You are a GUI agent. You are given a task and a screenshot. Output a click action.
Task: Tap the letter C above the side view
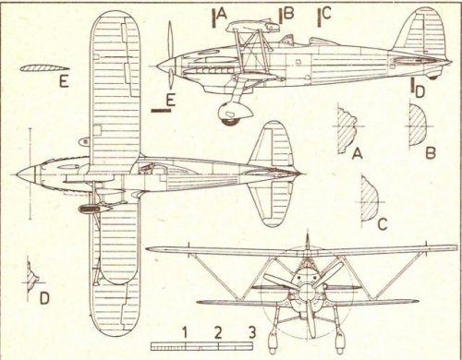[325, 14]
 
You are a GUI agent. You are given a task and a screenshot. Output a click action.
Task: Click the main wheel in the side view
[230, 114]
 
